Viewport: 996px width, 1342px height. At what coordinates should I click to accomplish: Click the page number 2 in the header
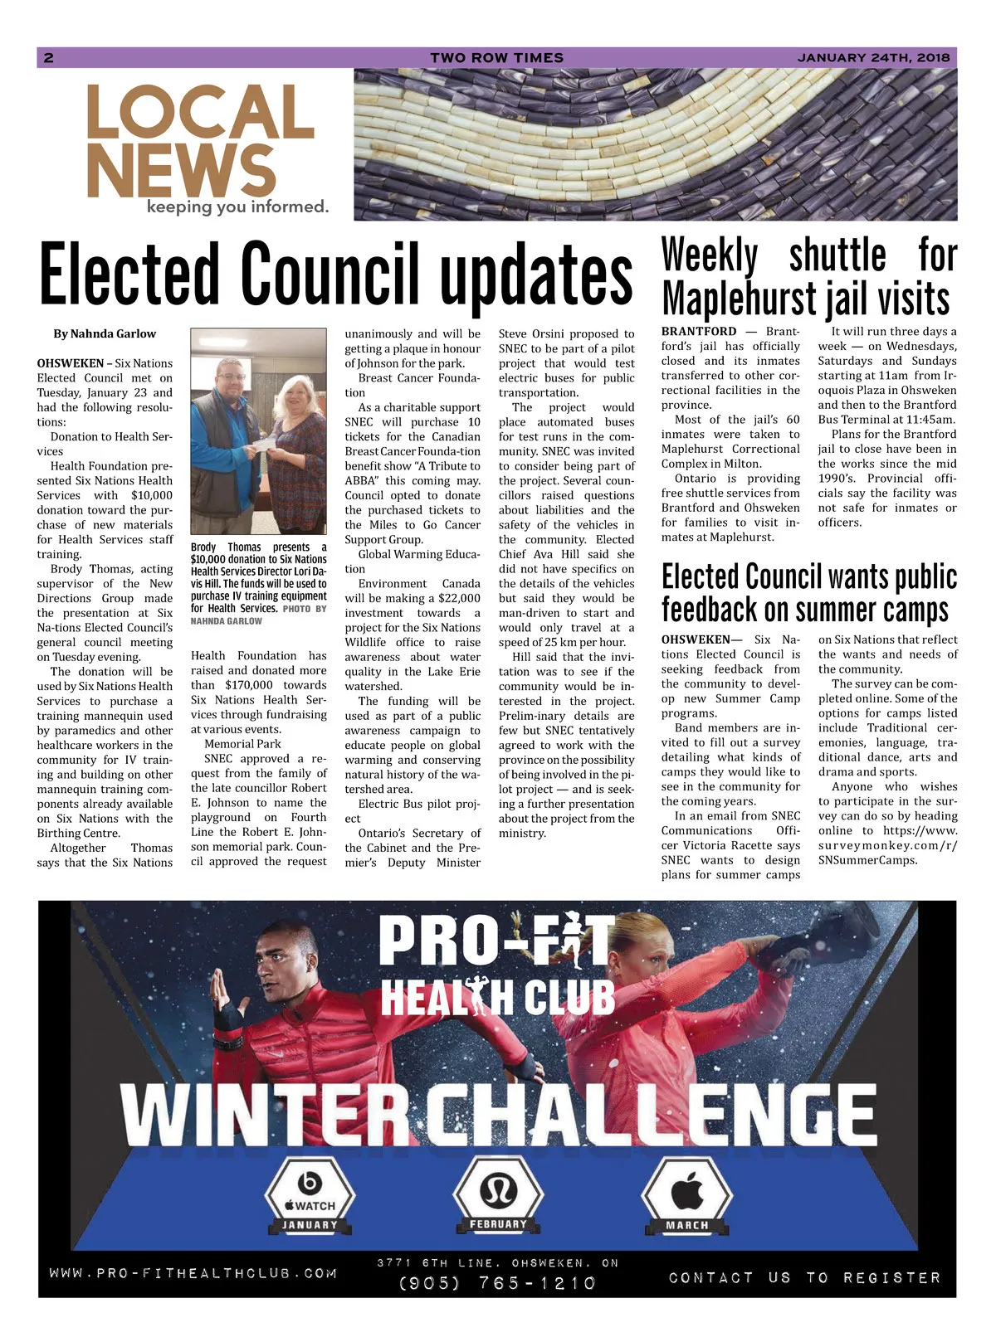point(49,57)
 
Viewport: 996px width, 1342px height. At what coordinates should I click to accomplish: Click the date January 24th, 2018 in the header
point(873,57)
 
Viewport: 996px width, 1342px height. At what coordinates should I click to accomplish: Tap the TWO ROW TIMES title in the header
point(496,57)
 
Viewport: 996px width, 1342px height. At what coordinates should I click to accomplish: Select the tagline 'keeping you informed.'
point(237,207)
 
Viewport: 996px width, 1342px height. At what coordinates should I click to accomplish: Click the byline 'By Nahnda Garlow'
point(105,333)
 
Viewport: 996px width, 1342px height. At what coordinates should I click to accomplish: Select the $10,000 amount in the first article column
point(152,495)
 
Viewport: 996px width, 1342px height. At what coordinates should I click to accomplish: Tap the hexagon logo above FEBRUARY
point(498,1189)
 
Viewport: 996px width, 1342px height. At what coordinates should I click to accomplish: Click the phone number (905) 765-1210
point(497,1282)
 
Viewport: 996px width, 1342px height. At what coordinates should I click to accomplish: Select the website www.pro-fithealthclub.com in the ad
point(193,1272)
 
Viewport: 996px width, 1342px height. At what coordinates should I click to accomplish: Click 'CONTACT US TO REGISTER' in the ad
point(804,1277)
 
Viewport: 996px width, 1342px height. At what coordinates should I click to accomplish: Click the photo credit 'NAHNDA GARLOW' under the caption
point(226,620)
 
